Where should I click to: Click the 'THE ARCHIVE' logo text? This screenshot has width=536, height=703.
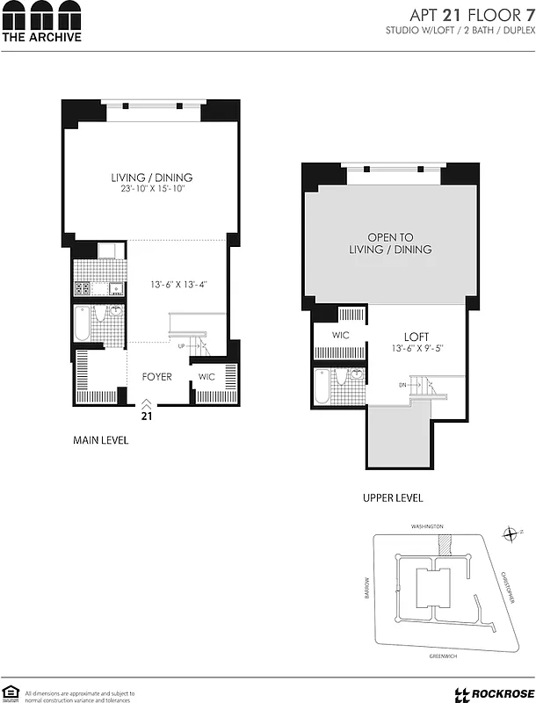coord(41,37)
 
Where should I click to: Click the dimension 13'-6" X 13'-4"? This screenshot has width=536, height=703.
coord(178,284)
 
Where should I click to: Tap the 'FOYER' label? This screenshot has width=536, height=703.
coord(157,377)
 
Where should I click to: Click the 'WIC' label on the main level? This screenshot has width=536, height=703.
coord(206,377)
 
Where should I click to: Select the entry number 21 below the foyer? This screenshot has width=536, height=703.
coord(147,416)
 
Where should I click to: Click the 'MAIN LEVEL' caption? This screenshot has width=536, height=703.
coord(100,440)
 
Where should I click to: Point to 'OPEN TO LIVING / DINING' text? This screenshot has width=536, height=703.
coord(388,243)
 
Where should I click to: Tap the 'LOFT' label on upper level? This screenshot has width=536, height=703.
coord(416,337)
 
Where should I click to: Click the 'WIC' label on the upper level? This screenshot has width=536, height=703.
coord(341,336)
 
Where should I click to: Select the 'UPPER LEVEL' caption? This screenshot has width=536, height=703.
coord(393,497)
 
